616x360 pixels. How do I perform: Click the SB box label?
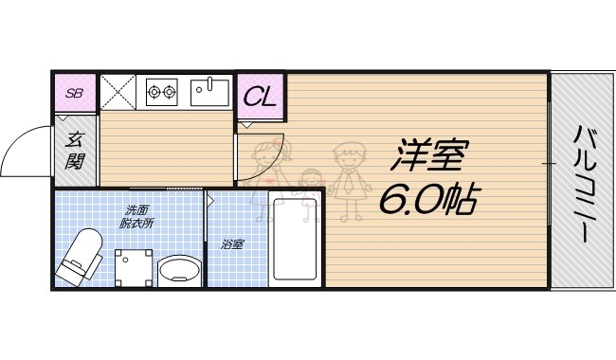(73, 93)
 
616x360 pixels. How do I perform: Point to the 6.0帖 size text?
(428, 199)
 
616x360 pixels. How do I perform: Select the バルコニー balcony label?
(581, 185)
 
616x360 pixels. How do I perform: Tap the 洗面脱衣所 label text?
(137, 216)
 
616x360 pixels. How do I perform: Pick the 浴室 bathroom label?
(233, 243)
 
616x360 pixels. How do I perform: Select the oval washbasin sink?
(178, 272)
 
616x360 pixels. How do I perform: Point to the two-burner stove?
(162, 92)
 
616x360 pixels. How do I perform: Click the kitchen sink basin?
(208, 92)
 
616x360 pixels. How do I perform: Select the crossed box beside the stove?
(120, 92)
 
